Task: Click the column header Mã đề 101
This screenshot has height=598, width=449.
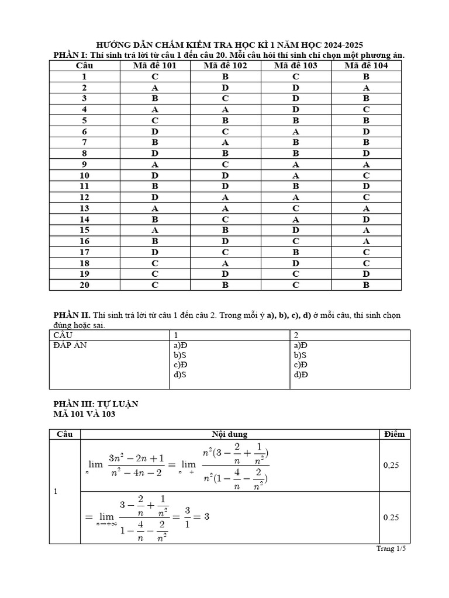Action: (x=154, y=65)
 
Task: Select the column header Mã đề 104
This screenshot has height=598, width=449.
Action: (x=366, y=65)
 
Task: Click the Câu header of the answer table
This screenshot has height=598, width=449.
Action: (x=85, y=65)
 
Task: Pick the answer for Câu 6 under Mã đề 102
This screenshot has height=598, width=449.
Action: (x=225, y=132)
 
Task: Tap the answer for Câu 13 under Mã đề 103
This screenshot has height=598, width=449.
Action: (x=296, y=208)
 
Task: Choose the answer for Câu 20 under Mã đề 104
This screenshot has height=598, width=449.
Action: (x=366, y=285)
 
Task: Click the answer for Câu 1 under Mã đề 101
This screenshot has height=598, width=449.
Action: (x=154, y=77)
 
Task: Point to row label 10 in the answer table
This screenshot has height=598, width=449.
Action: (x=85, y=175)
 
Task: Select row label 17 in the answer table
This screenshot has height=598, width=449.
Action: (x=85, y=252)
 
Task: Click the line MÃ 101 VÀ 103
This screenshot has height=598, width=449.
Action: (x=84, y=414)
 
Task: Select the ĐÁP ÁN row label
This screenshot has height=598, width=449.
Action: (x=71, y=345)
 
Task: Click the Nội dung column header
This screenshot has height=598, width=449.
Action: (x=229, y=434)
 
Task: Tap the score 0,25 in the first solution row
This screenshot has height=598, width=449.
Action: (x=391, y=465)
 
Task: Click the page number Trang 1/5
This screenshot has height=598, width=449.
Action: (x=391, y=548)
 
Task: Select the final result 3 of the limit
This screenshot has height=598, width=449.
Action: (x=206, y=516)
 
